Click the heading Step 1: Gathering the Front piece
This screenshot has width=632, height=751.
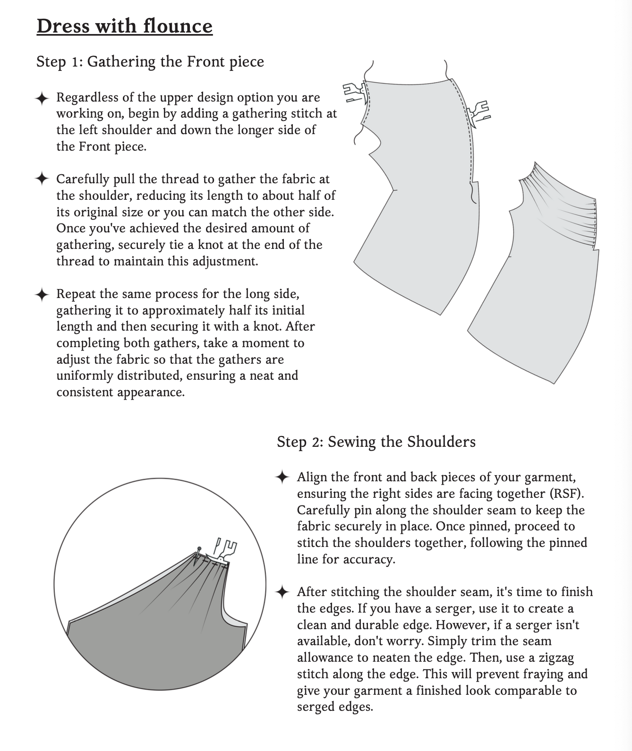click(x=150, y=62)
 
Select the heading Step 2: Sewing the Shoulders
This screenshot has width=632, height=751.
click(x=376, y=442)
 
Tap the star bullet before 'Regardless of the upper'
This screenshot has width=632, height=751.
click(x=42, y=98)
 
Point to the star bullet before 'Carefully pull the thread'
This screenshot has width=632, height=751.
click(x=42, y=179)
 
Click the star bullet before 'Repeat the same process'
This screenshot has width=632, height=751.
click(x=42, y=295)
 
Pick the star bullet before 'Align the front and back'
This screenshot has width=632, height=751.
click(x=282, y=478)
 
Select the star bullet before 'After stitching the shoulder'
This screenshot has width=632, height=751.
click(x=282, y=592)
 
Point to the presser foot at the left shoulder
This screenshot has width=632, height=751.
click(x=354, y=92)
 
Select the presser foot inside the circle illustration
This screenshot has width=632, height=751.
click(x=225, y=550)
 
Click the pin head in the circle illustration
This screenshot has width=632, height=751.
click(x=199, y=548)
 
